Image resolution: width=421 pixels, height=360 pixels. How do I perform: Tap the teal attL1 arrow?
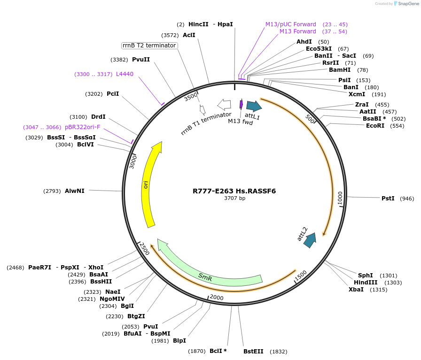pos(254,106)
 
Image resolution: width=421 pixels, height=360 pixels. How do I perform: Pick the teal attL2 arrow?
pos(310,240)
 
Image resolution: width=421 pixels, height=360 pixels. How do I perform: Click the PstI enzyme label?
pos(388,199)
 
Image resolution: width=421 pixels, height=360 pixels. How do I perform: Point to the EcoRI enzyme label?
pos(375,126)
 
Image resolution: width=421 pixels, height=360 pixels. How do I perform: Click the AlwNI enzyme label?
pos(75,191)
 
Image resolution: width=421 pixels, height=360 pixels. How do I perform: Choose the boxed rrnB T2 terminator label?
pos(149,46)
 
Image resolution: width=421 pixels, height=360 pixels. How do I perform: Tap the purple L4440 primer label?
pos(125,74)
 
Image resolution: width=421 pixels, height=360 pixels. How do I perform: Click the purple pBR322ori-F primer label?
pos(83,127)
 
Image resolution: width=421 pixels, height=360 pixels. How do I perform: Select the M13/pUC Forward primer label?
pos(291,24)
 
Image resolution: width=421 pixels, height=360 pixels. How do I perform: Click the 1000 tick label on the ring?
pos(340,198)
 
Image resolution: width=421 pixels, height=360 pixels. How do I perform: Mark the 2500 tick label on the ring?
pos(144,249)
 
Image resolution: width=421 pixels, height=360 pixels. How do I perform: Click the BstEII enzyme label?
pos(253,351)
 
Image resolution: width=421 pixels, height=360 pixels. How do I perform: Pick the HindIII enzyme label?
pos(366,283)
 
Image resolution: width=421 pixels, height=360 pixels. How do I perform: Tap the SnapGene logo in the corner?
pos(406,4)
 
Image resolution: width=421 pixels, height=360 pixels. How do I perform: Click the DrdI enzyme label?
pos(98,117)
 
